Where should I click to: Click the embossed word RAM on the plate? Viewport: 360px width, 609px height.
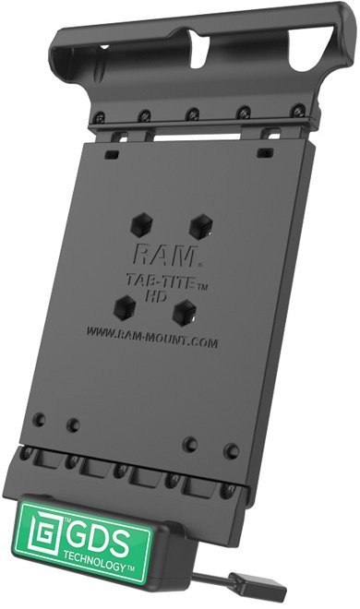(164, 256)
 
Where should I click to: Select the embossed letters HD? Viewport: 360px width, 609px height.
(156, 296)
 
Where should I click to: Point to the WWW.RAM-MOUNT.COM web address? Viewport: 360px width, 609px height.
(151, 337)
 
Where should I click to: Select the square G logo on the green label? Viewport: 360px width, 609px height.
(44, 529)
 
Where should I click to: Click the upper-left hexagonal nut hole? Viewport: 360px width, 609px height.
(142, 224)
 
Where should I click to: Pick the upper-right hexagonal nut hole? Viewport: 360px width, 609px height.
(201, 226)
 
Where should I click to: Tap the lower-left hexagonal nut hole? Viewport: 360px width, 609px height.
(125, 307)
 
